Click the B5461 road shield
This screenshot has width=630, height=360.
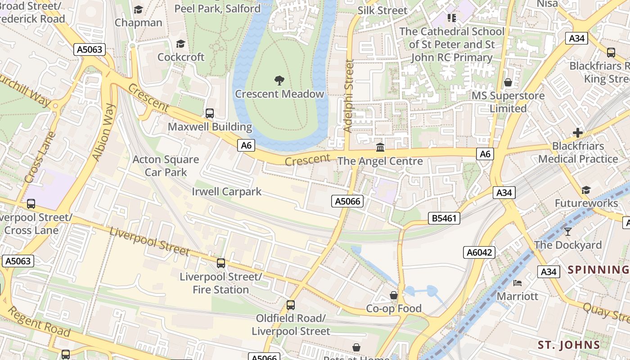[444, 219]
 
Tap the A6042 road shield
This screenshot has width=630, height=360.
[479, 252]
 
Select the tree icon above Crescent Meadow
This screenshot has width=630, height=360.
[279, 81]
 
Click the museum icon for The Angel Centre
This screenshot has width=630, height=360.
[380, 147]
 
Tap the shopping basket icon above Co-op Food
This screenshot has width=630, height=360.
[394, 295]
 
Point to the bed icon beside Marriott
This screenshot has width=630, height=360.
[517, 283]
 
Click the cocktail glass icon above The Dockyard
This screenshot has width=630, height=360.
[568, 231]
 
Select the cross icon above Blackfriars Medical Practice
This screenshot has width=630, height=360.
[578, 133]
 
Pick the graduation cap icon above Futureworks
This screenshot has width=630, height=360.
[586, 190]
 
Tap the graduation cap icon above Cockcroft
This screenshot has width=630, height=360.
[180, 44]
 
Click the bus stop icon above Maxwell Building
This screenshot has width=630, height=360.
[210, 113]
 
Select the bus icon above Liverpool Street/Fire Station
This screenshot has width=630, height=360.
[220, 263]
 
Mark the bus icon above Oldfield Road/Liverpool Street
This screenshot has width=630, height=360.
[291, 305]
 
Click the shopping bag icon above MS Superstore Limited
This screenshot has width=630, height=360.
[508, 82]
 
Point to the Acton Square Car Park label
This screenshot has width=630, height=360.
[166, 166]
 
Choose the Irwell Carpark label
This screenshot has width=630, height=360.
[226, 191]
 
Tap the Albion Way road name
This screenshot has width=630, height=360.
[104, 132]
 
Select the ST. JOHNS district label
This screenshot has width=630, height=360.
[569, 345]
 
